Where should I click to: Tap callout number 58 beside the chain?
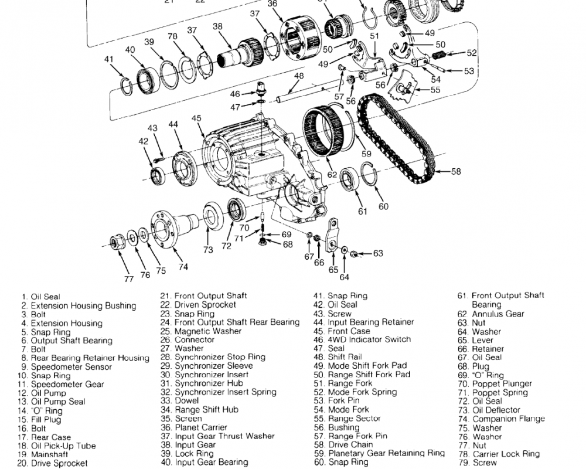456,172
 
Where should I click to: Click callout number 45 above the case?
196,118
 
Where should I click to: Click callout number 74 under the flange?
183,267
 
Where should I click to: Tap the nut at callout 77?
116,242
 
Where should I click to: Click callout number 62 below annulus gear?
332,174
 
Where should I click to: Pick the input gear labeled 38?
240,54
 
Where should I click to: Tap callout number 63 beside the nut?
378,253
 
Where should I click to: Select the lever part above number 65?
332,235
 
